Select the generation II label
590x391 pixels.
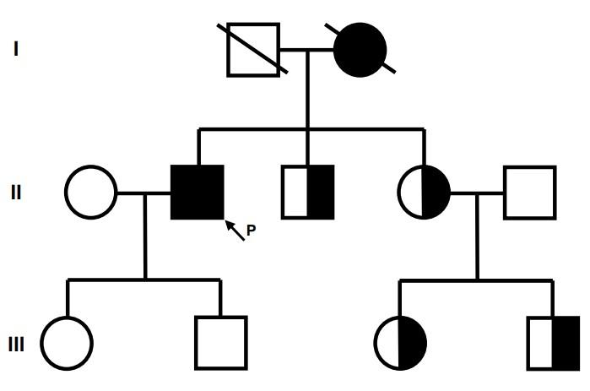coord(16,192)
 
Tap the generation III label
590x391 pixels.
coord(16,344)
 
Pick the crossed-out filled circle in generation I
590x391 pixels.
coord(360,49)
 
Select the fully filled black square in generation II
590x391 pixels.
coord(198,192)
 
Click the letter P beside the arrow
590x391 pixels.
coord(251,230)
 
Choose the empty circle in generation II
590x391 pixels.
coord(90,192)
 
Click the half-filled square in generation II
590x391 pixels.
coord(307,192)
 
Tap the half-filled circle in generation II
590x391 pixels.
coord(424,192)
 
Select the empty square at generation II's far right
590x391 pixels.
coord(529,192)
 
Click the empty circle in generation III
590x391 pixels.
coord(67,344)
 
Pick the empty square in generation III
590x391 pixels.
coord(220,344)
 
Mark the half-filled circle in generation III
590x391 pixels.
coord(400,344)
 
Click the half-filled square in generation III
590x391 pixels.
coord(553,344)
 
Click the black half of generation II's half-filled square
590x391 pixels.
coord(320,192)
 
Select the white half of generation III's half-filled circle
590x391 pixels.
coord(387,344)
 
